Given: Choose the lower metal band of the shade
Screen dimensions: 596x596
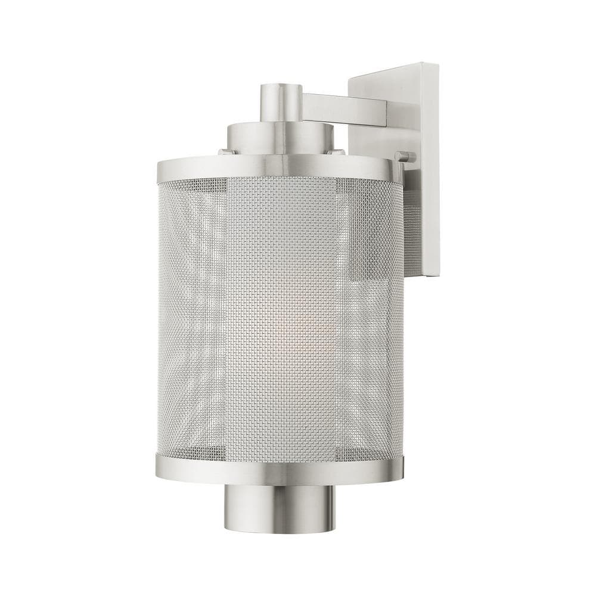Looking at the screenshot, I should point(280,468).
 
